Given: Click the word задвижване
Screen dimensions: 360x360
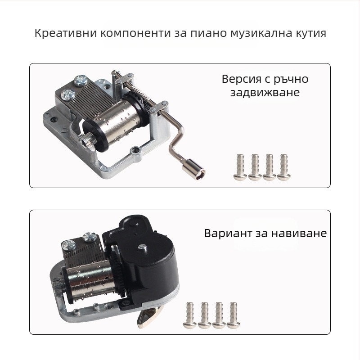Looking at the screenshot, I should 265,93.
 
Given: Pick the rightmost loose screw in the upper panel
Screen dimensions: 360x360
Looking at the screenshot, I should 283,167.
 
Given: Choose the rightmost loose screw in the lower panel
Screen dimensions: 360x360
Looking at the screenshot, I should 233,315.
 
